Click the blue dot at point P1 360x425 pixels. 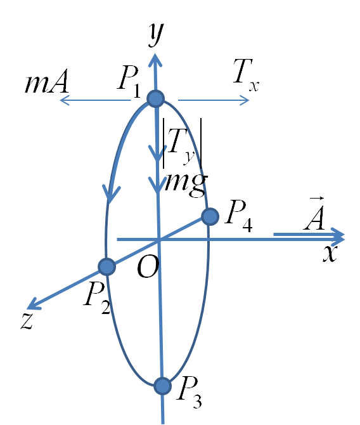click(x=156, y=99)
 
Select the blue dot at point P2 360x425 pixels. click(x=106, y=266)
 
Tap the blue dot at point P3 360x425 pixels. click(x=162, y=386)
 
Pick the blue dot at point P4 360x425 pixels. click(x=210, y=216)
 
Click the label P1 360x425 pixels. click(x=129, y=81)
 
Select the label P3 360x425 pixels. click(x=190, y=392)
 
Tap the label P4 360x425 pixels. click(x=239, y=216)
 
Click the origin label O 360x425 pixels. click(x=148, y=267)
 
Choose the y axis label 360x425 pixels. click(x=157, y=34)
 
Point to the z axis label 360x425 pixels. click(x=27, y=321)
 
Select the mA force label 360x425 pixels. click(x=46, y=82)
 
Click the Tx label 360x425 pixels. click(x=246, y=75)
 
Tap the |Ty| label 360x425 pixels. click(x=182, y=143)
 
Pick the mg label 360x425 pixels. click(x=186, y=183)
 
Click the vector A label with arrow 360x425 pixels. click(x=314, y=214)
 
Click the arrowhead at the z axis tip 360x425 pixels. click(x=33, y=304)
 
